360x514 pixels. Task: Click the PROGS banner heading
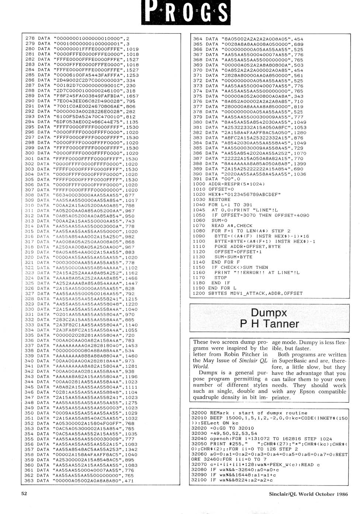186,12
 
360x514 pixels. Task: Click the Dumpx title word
269,313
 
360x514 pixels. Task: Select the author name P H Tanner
269,324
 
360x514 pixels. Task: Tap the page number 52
24,493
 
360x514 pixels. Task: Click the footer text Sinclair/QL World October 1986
308,494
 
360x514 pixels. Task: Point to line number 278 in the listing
30,38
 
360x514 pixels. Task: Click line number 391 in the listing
198,179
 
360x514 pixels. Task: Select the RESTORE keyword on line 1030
219,199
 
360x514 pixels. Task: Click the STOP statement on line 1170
221,278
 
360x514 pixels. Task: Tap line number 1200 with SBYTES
199,294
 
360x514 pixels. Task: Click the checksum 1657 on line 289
132,96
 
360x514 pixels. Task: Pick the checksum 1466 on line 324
131,278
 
